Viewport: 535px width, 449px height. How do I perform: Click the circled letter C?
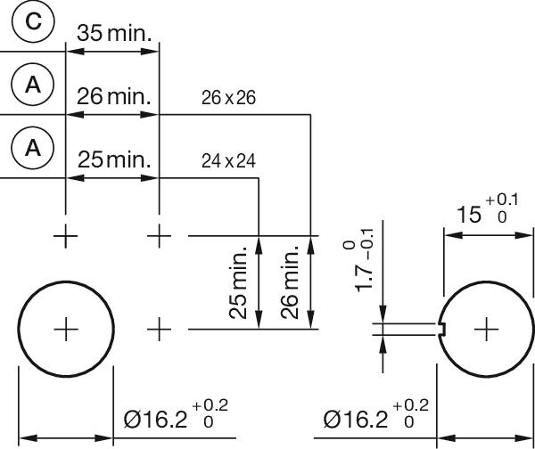tap(33, 22)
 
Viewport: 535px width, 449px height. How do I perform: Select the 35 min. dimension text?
tap(114, 33)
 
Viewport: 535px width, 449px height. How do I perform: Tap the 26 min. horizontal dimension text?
tap(115, 96)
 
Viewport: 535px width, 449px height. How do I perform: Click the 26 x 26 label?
tap(228, 98)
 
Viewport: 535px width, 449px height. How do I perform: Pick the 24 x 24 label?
tap(228, 161)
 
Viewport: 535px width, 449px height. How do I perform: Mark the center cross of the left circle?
tap(66, 330)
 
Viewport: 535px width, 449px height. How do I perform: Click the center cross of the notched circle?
tap(486, 330)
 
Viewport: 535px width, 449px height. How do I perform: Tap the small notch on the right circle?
tap(442, 330)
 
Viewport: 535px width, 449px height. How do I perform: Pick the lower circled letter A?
tap(33, 147)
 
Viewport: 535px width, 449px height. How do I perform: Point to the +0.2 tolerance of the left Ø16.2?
tap(210, 406)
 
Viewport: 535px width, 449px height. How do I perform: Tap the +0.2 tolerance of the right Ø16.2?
tap(410, 406)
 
